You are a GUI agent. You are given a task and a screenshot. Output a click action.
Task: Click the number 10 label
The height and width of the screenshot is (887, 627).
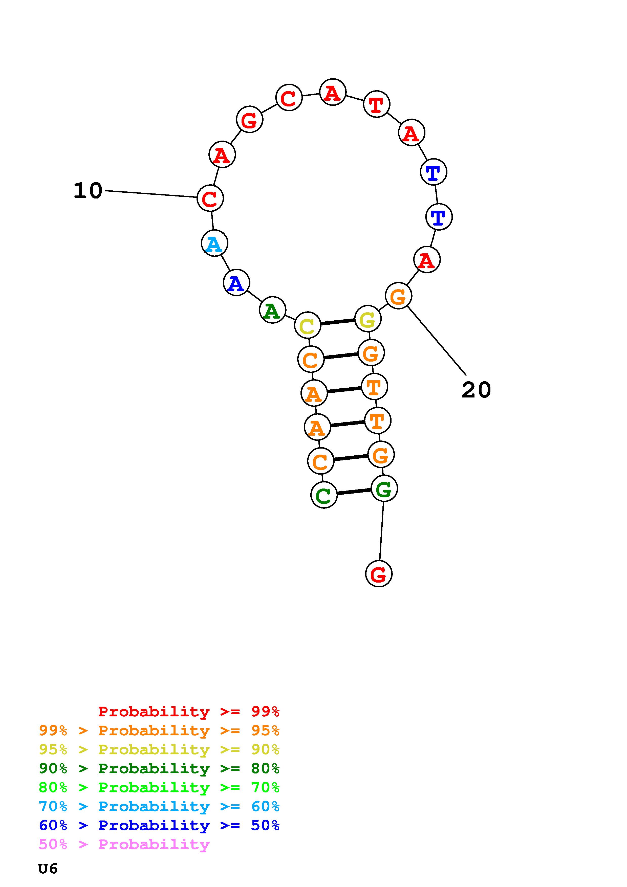pyautogui.click(x=88, y=191)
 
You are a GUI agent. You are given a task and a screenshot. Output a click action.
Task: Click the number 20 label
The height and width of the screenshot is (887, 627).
pyautogui.click(x=476, y=390)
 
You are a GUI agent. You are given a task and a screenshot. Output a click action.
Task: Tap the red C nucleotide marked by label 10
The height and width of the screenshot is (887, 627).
pyautogui.click(x=210, y=198)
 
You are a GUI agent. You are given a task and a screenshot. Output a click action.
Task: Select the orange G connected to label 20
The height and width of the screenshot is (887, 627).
pyautogui.click(x=398, y=296)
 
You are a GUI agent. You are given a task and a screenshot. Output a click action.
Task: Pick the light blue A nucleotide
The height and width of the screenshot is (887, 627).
pyautogui.click(x=214, y=243)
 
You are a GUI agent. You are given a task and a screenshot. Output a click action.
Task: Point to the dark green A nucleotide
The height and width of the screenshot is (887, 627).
pyautogui.click(x=272, y=310)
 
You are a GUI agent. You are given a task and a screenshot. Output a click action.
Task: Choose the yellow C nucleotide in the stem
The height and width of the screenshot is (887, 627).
pyautogui.click(x=308, y=325)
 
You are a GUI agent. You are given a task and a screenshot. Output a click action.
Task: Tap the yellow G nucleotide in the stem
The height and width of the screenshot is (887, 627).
pyautogui.click(x=367, y=319)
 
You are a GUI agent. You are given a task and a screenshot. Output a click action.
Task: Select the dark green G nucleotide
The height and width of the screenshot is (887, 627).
pyautogui.click(x=384, y=489)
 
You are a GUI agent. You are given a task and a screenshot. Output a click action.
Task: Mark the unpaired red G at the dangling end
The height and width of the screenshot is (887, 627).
pyautogui.click(x=379, y=574)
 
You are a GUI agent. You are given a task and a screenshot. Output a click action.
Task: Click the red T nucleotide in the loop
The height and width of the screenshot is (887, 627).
pyautogui.click(x=377, y=104)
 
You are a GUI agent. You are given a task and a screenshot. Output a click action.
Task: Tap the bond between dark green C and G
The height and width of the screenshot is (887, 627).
pyautogui.click(x=354, y=492)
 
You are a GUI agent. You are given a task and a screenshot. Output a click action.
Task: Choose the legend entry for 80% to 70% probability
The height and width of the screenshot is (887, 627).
pyautogui.click(x=159, y=787)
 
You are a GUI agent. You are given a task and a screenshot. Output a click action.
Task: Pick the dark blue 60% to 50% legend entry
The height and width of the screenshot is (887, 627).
pyautogui.click(x=159, y=825)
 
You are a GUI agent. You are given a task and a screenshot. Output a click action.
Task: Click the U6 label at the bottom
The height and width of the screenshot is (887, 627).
pyautogui.click(x=48, y=869)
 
